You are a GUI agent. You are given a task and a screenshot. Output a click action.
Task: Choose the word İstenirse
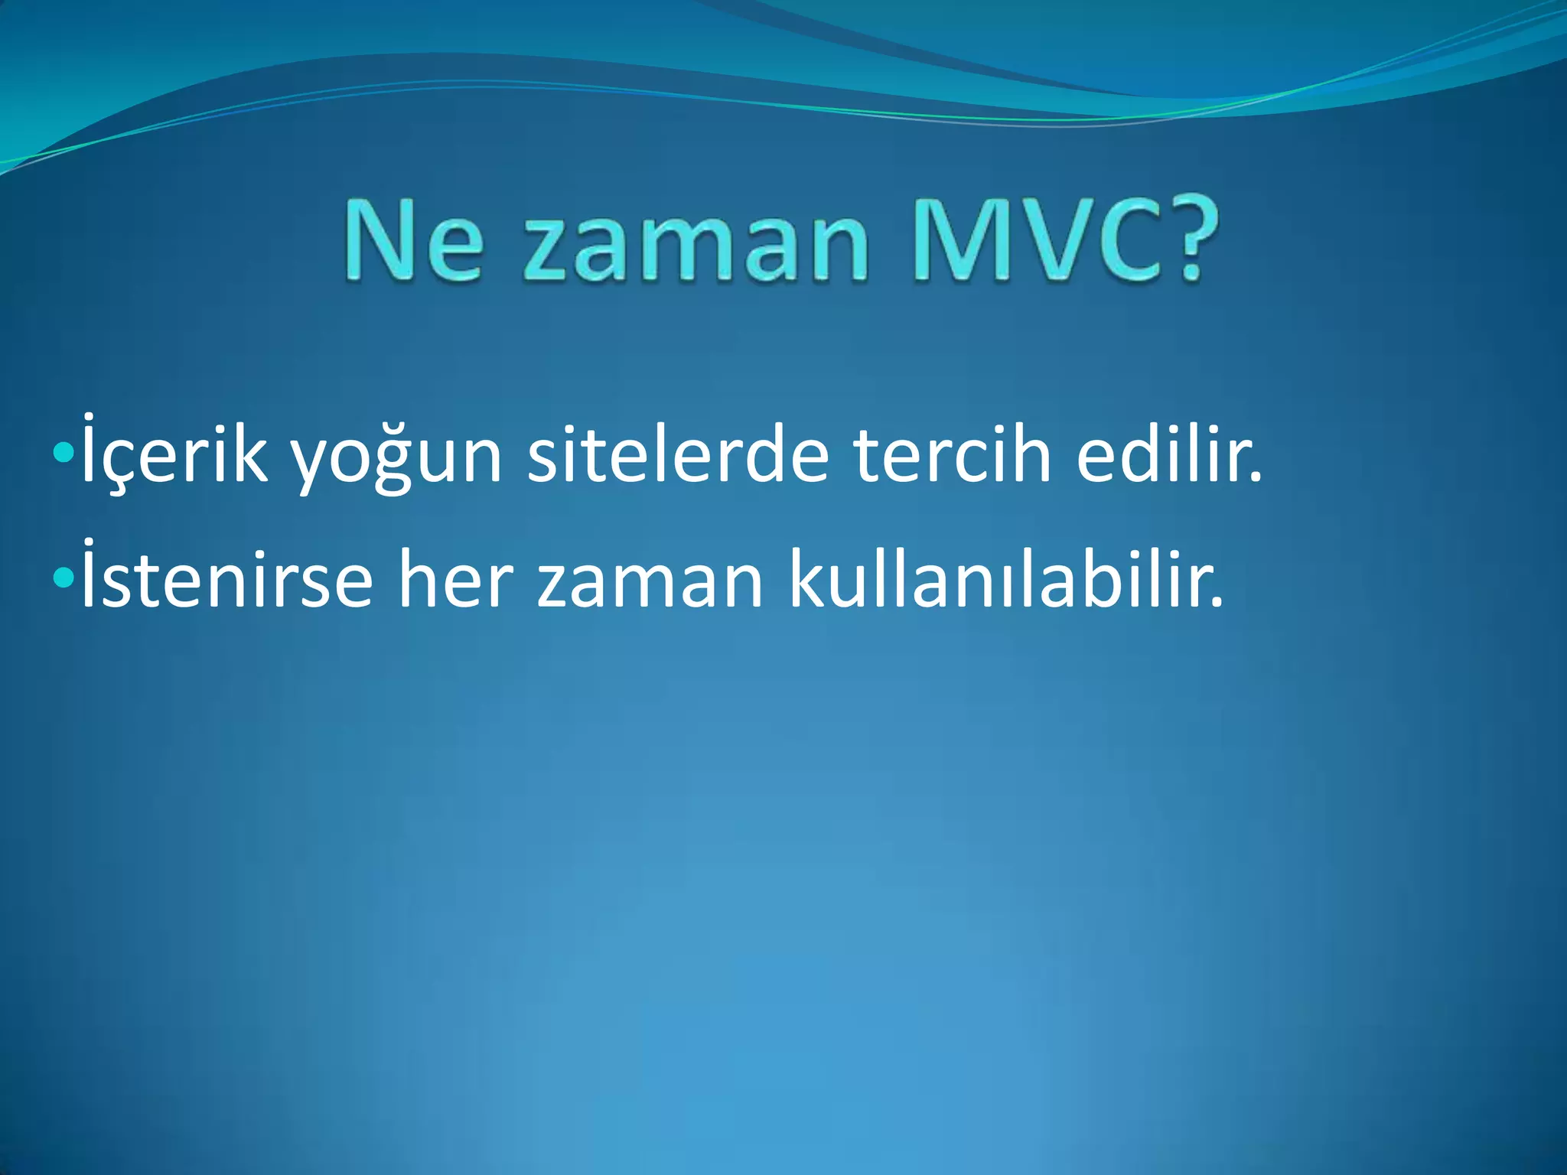click(226, 578)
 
